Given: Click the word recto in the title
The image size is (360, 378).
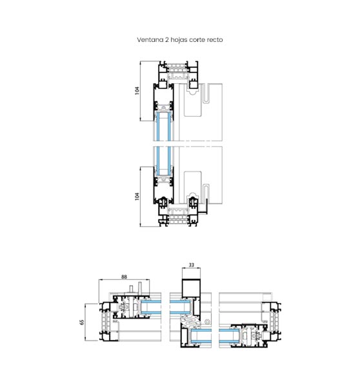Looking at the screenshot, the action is [x=215, y=40].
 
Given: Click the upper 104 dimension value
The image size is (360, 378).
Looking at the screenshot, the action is [x=137, y=90].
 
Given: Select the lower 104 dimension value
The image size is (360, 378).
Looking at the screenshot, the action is [x=137, y=196].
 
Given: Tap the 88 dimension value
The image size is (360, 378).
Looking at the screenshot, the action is [x=124, y=277].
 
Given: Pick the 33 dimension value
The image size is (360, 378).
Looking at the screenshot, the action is [x=191, y=265].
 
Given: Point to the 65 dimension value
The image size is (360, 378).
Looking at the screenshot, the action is [x=82, y=322].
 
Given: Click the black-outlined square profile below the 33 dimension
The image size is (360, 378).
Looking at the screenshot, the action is [x=191, y=288].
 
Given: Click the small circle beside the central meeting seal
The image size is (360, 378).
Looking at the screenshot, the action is [x=206, y=322].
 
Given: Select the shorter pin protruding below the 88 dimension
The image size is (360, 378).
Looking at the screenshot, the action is [x=131, y=290].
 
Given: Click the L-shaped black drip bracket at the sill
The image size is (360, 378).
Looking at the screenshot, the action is [x=205, y=208].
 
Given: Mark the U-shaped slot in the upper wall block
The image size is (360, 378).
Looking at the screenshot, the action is [x=206, y=93].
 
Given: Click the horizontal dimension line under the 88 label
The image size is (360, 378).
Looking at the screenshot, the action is [x=124, y=280].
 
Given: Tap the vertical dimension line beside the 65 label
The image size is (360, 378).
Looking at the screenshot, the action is [x=86, y=322].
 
